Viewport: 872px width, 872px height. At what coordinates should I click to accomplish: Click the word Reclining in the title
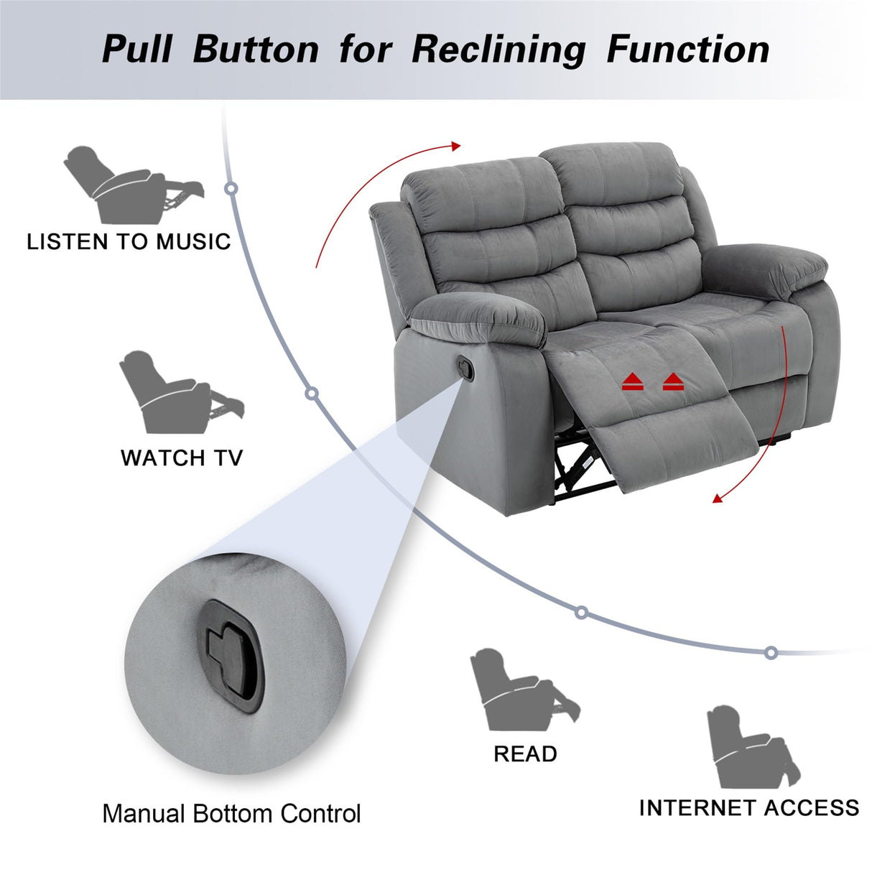(x=498, y=49)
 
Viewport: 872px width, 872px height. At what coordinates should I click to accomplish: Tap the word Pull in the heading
(x=137, y=49)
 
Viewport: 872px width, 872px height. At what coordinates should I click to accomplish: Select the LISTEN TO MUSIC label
(x=129, y=241)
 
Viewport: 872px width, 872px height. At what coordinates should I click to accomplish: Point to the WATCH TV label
(x=182, y=458)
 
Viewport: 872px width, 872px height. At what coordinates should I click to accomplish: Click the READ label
(x=525, y=753)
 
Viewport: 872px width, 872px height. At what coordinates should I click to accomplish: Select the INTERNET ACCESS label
(x=748, y=807)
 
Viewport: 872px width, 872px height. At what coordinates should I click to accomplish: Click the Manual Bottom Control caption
(x=231, y=814)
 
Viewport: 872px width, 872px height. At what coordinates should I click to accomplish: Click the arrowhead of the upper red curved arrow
(x=455, y=147)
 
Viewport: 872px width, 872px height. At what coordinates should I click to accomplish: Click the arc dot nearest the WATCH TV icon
(x=312, y=394)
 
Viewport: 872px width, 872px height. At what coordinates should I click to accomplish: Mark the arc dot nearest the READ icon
(x=581, y=613)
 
